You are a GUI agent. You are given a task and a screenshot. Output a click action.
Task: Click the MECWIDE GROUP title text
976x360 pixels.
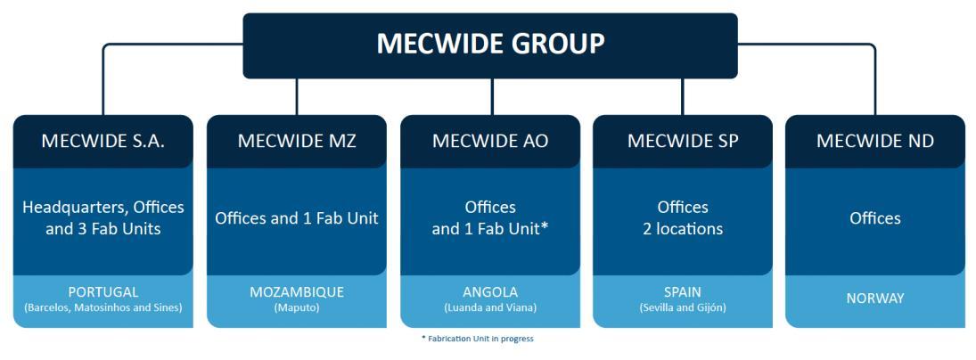coord(490,44)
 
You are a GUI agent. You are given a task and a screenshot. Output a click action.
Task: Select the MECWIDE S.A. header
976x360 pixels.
coord(103,141)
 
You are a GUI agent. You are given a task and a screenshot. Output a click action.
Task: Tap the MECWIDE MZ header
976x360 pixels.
coord(297,141)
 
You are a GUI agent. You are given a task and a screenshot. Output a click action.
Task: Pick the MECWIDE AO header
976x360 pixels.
coord(490,141)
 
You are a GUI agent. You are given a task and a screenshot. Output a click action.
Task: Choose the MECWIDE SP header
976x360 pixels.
coord(683,141)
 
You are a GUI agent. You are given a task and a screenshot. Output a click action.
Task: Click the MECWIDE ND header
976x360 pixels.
coord(875,141)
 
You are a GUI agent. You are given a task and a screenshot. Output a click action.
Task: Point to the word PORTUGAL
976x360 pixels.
coord(103,292)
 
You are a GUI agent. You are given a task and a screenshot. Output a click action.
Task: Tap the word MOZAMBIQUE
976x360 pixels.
coord(297,292)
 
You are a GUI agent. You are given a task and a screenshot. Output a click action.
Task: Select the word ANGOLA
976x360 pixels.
coord(490,292)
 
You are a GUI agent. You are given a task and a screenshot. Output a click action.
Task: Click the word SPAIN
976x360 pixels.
coord(683,292)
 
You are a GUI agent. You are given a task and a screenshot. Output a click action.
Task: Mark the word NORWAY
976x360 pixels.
coord(875,299)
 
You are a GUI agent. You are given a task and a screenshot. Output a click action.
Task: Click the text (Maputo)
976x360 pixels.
coord(297,307)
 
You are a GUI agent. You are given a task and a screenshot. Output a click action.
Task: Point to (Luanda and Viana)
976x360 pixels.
coord(490,307)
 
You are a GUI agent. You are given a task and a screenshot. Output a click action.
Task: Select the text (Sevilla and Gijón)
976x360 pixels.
coord(683,307)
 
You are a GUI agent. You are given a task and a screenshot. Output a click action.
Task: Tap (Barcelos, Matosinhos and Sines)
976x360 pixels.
coord(103,307)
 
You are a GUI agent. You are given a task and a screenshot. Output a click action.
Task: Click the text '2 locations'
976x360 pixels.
coord(683,229)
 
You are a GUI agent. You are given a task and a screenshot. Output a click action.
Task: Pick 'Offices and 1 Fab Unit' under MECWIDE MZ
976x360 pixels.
coord(297,218)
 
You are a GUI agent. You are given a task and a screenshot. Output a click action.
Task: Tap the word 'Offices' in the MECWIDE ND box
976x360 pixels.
coord(875,218)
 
